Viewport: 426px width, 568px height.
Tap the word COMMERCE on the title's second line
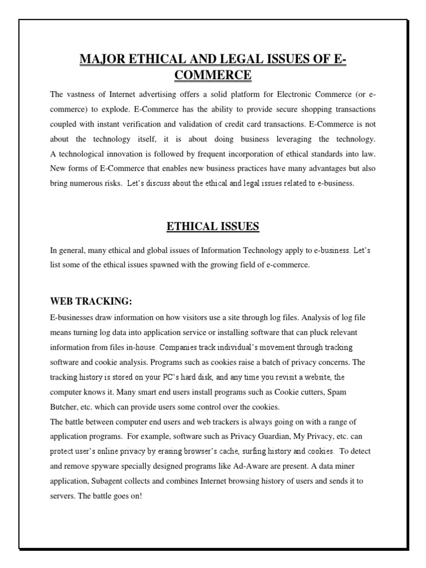(x=212, y=75)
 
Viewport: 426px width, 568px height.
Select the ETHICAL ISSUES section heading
(x=212, y=226)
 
